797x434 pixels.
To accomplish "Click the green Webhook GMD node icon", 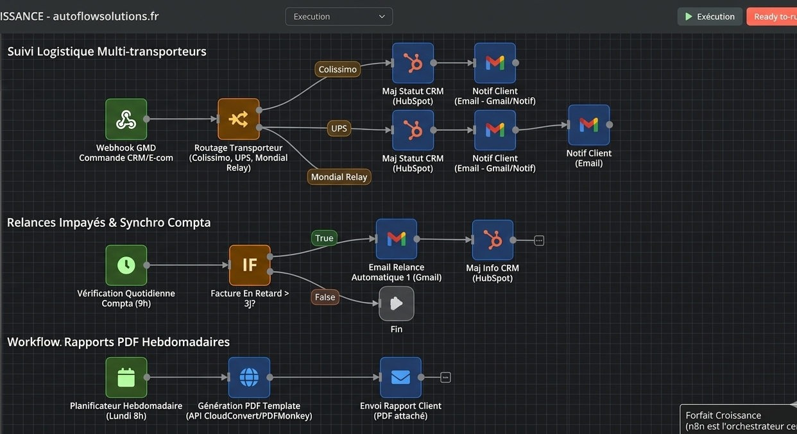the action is pyautogui.click(x=126, y=119).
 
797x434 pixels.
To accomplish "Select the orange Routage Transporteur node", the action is pyautogui.click(x=238, y=119).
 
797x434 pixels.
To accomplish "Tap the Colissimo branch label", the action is pyautogui.click(x=338, y=69).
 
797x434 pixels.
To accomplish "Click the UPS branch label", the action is pyautogui.click(x=339, y=128).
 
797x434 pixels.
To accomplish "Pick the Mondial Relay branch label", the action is pyautogui.click(x=339, y=177).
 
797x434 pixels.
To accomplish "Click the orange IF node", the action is pyautogui.click(x=250, y=265).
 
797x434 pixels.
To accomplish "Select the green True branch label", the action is pyautogui.click(x=324, y=238).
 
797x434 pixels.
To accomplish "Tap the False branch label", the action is pyautogui.click(x=325, y=297).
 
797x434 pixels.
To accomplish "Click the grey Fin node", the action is pyautogui.click(x=397, y=304).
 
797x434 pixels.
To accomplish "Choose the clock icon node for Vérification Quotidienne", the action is pyautogui.click(x=126, y=265).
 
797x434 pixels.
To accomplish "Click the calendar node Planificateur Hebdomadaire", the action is pyautogui.click(x=126, y=378).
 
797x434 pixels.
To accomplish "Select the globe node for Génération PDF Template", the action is pyautogui.click(x=249, y=378).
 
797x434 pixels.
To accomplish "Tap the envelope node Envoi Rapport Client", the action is pyautogui.click(x=400, y=378).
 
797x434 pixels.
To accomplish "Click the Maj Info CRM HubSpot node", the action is pyautogui.click(x=492, y=240).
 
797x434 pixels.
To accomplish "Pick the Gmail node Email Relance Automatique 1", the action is pyautogui.click(x=397, y=239).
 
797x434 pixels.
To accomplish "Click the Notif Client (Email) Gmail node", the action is pyautogui.click(x=589, y=125).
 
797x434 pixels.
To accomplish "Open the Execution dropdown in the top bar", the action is pyautogui.click(x=339, y=17).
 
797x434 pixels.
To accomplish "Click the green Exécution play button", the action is pyautogui.click(x=710, y=17).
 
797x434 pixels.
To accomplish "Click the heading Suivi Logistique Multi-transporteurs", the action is pyautogui.click(x=107, y=51).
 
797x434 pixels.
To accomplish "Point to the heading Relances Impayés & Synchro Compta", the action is pyautogui.click(x=109, y=222).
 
